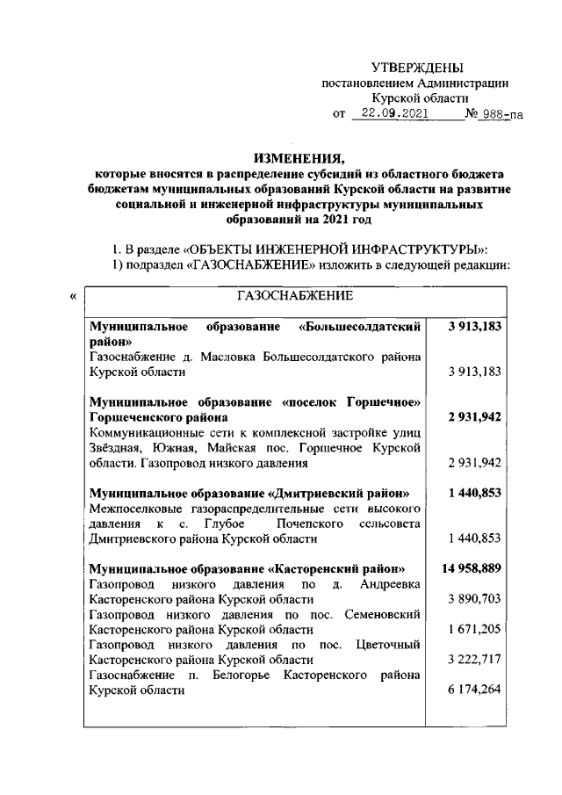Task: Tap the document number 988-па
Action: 488,114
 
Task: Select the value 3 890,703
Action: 474,598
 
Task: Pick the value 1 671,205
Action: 474,629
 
